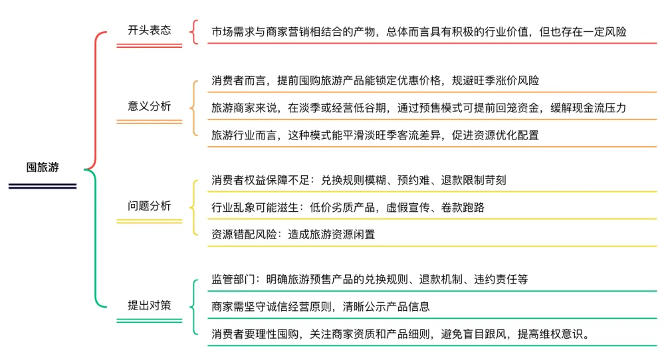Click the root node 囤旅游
(43, 167)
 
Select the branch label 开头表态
(149, 30)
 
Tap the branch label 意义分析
(149, 106)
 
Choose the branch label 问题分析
(149, 206)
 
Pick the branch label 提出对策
(149, 306)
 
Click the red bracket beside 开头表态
(193, 31)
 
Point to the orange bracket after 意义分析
(193, 108)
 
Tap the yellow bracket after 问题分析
(193, 207)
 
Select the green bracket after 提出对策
(193, 306)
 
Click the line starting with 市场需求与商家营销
(419, 31)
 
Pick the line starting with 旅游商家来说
(419, 108)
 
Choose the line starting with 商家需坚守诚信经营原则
(320, 307)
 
